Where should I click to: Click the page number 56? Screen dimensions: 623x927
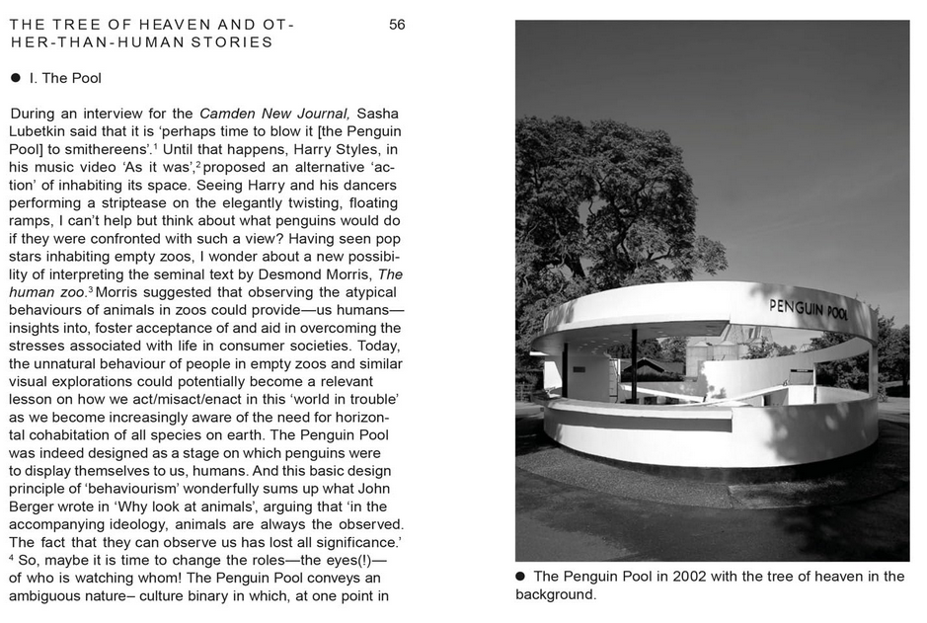tap(397, 25)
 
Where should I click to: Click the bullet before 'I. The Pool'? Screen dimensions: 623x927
tap(16, 77)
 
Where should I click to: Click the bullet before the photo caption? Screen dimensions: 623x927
tap(521, 576)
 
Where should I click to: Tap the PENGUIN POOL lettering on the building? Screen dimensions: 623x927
tap(809, 310)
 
